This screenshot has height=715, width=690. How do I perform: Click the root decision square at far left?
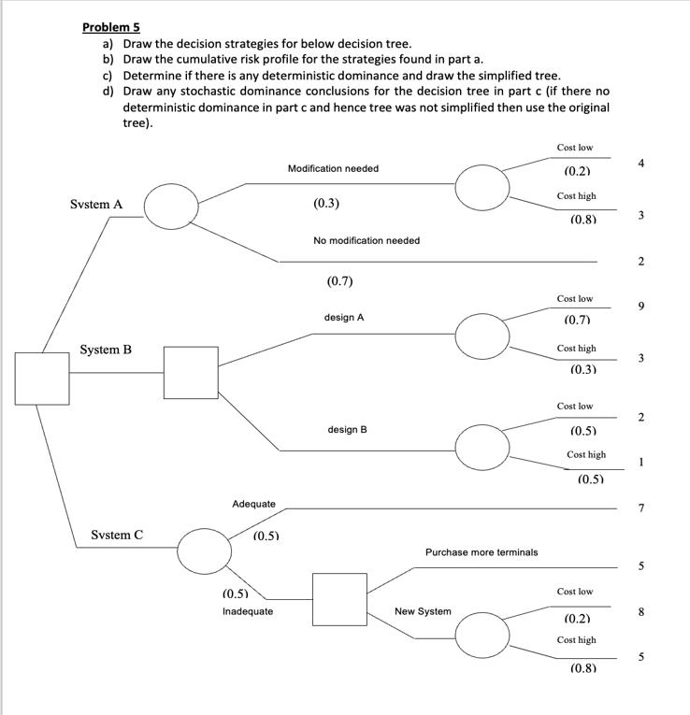pos(41,379)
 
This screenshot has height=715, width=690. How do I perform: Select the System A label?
pos(96,204)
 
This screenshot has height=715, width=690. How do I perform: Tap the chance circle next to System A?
pos(170,205)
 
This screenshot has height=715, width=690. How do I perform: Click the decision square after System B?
pos(191,373)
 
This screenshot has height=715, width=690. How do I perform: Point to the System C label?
pos(117,536)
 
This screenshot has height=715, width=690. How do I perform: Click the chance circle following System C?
pos(206,551)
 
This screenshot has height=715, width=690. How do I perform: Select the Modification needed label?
pos(333,168)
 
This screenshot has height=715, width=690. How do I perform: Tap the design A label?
pos(344,318)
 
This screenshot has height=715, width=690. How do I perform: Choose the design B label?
pos(347,430)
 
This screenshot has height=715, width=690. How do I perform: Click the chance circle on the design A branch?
pos(483,335)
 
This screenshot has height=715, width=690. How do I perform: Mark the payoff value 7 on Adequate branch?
pos(640,508)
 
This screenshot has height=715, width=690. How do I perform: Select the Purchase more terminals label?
pos(482,552)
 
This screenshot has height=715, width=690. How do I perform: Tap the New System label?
pos(423,611)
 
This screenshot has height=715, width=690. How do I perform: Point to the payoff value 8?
pos(640,612)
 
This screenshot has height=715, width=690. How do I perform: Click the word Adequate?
pos(253,504)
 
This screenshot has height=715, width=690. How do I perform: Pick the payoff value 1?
pos(640,461)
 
